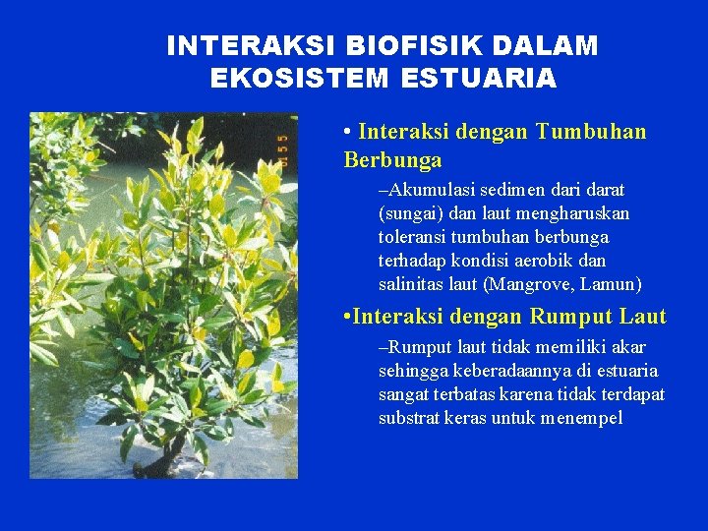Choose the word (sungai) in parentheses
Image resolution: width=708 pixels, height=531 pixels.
pyautogui.click(x=409, y=212)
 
